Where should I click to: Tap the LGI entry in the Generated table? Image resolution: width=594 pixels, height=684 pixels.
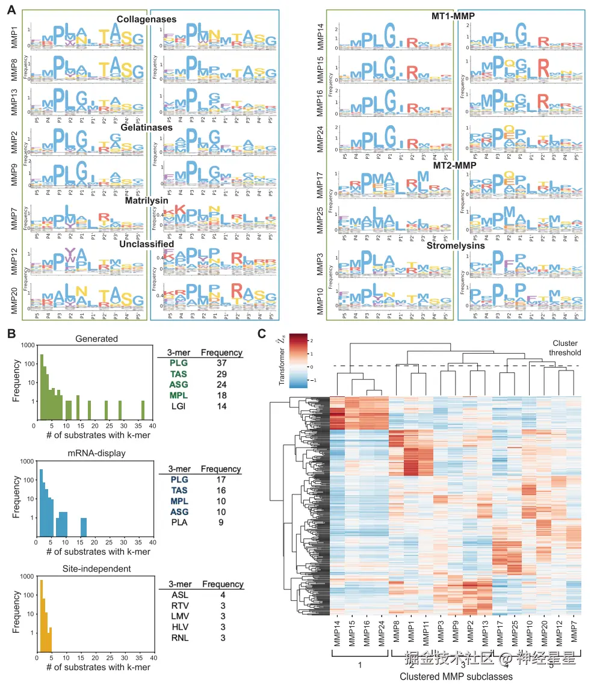point(179,407)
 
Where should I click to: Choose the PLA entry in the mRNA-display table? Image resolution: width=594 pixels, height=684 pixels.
point(179,522)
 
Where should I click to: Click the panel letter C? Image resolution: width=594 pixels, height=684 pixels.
point(262,334)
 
